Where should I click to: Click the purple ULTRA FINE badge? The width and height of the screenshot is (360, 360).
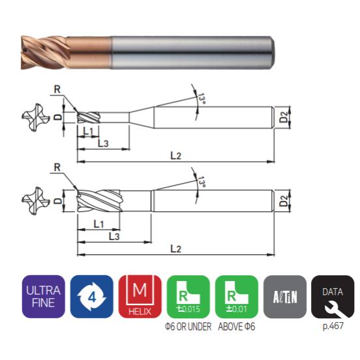pos(44,296)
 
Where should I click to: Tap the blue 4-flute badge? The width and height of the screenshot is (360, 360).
pos(91,296)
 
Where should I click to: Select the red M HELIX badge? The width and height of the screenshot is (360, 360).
pos(140,296)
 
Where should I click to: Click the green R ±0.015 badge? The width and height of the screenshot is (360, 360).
pos(188,296)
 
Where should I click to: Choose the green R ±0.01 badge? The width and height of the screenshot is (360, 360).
pos(237,296)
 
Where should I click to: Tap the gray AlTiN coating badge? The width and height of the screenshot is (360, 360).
pos(285,296)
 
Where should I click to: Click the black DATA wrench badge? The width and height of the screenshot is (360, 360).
pos(333,296)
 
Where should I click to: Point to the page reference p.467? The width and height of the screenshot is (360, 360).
pos(333,326)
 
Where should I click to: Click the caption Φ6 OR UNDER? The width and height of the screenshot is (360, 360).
pos(188,327)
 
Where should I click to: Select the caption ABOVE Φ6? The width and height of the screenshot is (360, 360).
pos(237,327)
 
